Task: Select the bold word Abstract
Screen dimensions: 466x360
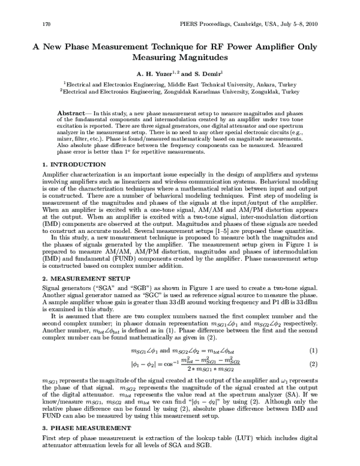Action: (70, 113)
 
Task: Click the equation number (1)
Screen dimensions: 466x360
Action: (313, 350)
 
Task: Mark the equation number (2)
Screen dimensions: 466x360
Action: (313, 365)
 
